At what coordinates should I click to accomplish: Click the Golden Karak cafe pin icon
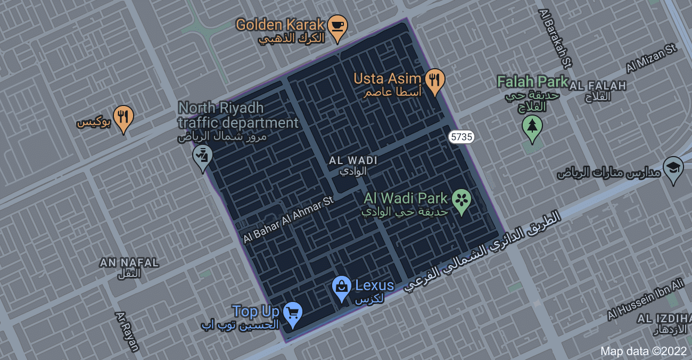[x=337, y=27]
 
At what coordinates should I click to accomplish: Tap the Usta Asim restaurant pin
[x=435, y=80]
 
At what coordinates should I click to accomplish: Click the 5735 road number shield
[x=461, y=137]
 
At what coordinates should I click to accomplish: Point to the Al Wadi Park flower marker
[x=462, y=201]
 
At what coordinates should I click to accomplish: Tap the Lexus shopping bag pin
[x=341, y=288]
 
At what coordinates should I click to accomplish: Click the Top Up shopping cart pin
[x=292, y=313]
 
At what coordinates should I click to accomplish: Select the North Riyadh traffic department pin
[x=202, y=157]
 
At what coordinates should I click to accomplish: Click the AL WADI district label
[x=353, y=160]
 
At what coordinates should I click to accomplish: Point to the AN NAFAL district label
[x=129, y=263]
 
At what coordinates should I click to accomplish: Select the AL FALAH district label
[x=598, y=86]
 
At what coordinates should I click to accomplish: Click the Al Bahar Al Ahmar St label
[x=288, y=220]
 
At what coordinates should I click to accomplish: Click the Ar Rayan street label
[x=127, y=331]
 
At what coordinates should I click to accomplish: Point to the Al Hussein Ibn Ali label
[x=645, y=300]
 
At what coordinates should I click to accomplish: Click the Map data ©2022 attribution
[x=643, y=351]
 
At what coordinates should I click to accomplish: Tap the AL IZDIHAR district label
[x=664, y=318]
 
